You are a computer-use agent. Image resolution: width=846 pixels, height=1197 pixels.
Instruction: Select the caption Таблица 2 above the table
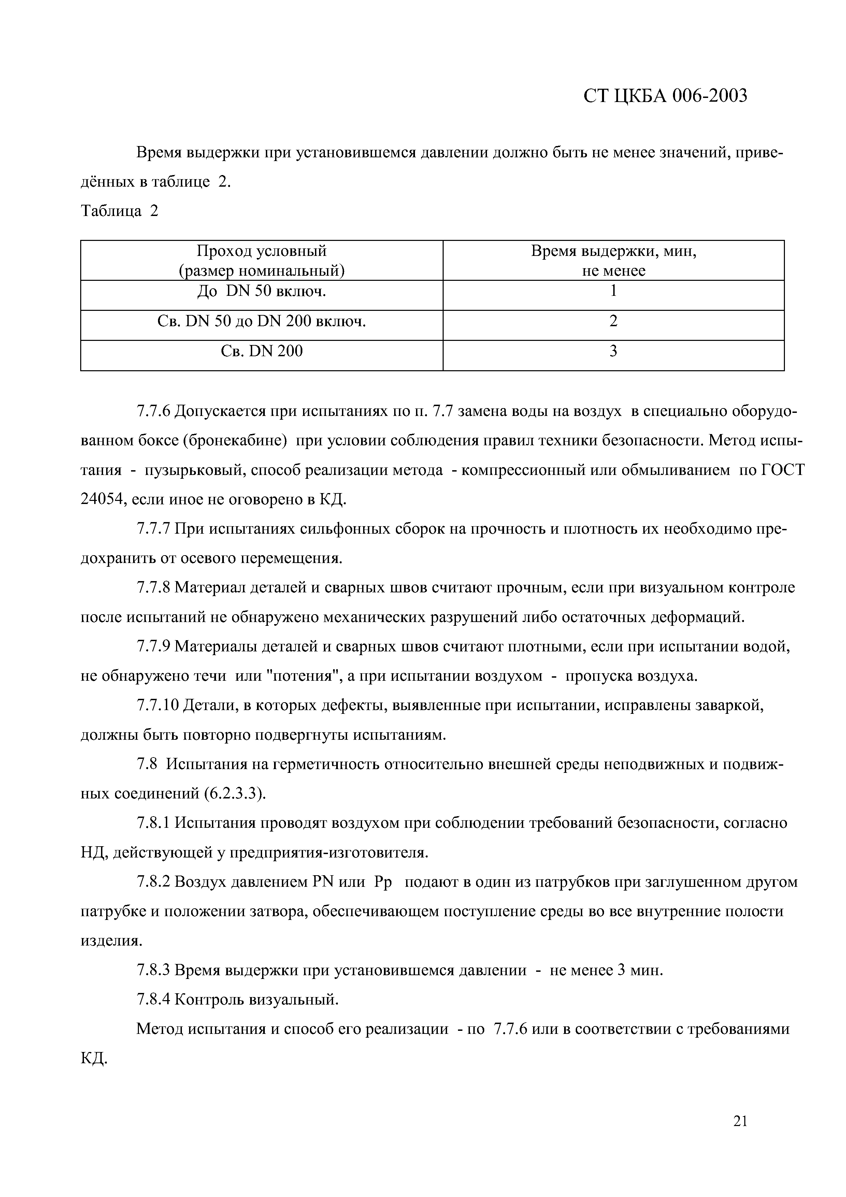[x=119, y=211]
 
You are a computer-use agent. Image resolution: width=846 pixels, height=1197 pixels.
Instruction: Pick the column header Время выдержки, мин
[x=614, y=251]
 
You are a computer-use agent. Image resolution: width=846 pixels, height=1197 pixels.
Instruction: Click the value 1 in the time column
[x=614, y=291]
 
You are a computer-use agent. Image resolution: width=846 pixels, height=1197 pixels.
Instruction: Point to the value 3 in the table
[x=614, y=351]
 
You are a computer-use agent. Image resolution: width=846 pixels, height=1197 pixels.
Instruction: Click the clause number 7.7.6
[x=153, y=411]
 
